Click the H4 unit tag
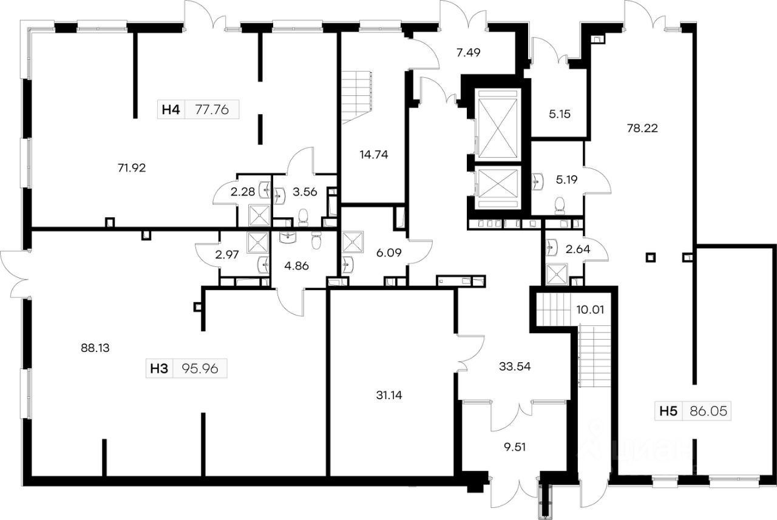tap(170, 110)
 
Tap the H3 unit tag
tap(159, 368)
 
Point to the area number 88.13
tap(94, 348)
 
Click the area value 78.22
tap(643, 128)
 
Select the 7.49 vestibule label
tap(468, 53)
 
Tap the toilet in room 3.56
tap(303, 217)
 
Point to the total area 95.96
tap(200, 368)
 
